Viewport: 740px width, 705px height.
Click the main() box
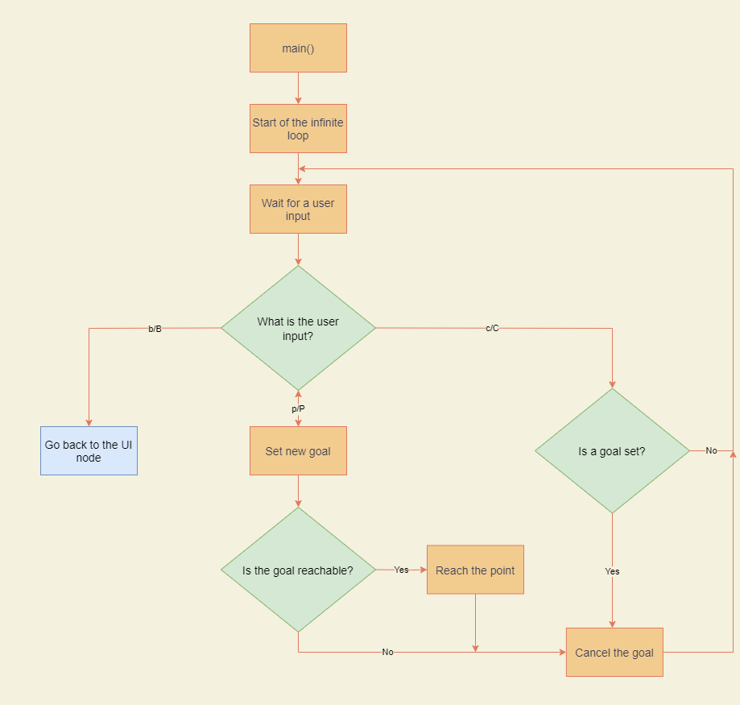(298, 48)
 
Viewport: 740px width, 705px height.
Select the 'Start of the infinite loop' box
(298, 129)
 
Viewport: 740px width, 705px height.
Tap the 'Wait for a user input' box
(298, 209)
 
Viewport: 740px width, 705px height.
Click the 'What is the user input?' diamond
(298, 328)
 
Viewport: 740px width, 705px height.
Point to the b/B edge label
(155, 329)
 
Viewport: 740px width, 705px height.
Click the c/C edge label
(492, 329)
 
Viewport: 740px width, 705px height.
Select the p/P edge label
(298, 409)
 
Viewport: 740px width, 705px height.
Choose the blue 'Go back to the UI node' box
(89, 451)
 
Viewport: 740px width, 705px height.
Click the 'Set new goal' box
(298, 451)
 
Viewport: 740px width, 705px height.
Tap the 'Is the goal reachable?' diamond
(298, 570)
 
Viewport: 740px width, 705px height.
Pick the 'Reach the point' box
(475, 570)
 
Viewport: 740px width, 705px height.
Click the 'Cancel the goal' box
(614, 653)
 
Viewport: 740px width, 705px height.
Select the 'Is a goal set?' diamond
(612, 451)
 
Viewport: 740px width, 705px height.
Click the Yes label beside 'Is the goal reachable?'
(401, 570)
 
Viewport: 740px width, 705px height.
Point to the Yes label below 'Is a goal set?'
(612, 571)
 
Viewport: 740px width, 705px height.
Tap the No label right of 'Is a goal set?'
(711, 451)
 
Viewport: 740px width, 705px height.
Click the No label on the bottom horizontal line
(387, 653)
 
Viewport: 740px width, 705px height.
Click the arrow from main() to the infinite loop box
(298, 89)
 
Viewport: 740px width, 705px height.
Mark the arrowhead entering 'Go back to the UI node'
(89, 422)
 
